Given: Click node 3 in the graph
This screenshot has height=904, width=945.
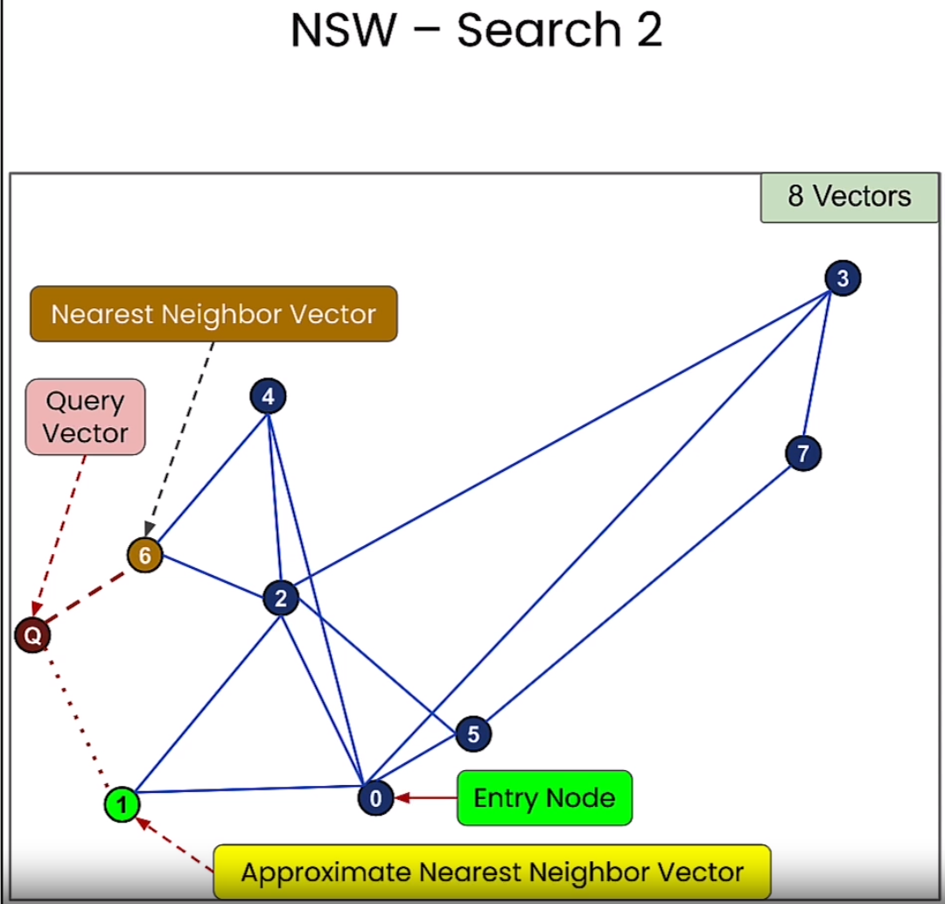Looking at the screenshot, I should click(843, 278).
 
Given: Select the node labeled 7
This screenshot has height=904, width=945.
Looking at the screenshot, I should click(802, 453).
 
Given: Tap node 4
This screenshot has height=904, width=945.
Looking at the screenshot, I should click(268, 397).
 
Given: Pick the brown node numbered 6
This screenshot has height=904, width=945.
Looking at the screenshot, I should click(144, 555).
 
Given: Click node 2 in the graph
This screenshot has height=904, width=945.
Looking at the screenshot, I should click(281, 599).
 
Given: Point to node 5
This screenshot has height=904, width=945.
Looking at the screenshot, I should click(473, 734).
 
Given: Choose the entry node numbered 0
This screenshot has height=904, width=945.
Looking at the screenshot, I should click(375, 797).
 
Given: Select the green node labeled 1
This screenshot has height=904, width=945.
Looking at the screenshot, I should click(122, 804).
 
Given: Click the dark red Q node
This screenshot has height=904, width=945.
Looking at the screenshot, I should click(32, 635).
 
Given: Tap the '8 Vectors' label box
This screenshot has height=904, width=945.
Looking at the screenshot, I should click(849, 197).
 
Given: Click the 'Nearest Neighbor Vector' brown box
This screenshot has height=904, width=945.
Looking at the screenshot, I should click(213, 313).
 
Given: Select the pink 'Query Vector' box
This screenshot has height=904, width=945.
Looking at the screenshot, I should click(85, 417).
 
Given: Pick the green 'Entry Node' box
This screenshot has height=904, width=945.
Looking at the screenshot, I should click(543, 797).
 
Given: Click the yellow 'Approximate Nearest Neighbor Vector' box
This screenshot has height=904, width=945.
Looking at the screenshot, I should click(492, 872).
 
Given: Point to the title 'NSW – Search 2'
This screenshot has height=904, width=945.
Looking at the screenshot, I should click(477, 31).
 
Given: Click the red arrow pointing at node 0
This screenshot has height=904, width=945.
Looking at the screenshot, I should click(425, 797).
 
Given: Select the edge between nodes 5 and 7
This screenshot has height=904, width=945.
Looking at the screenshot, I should click(639, 593).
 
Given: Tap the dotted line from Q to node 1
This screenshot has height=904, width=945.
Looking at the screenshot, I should click(79, 718).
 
